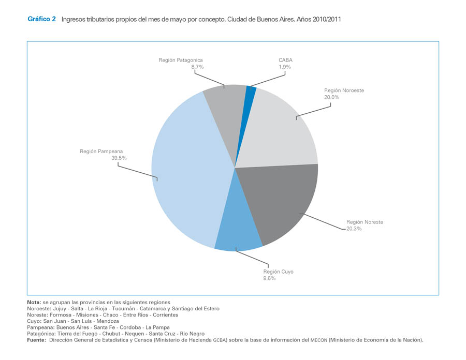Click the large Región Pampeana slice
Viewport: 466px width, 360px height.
coord(186,171)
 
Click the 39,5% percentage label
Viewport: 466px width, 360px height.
coord(119,158)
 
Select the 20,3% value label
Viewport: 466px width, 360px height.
coord(354,228)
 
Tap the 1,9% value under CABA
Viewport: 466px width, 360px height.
coord(285,67)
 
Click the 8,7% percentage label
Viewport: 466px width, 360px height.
coord(197,67)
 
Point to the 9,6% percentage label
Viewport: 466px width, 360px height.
coord(269,278)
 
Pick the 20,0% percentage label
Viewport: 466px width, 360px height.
coord(332,97)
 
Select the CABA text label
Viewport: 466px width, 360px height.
coord(285,60)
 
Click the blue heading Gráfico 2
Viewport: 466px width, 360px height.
coord(41,19)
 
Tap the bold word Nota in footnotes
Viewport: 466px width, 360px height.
coord(34,302)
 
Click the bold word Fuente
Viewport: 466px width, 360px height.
coord(36,340)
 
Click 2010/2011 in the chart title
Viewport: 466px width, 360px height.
coord(326,19)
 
